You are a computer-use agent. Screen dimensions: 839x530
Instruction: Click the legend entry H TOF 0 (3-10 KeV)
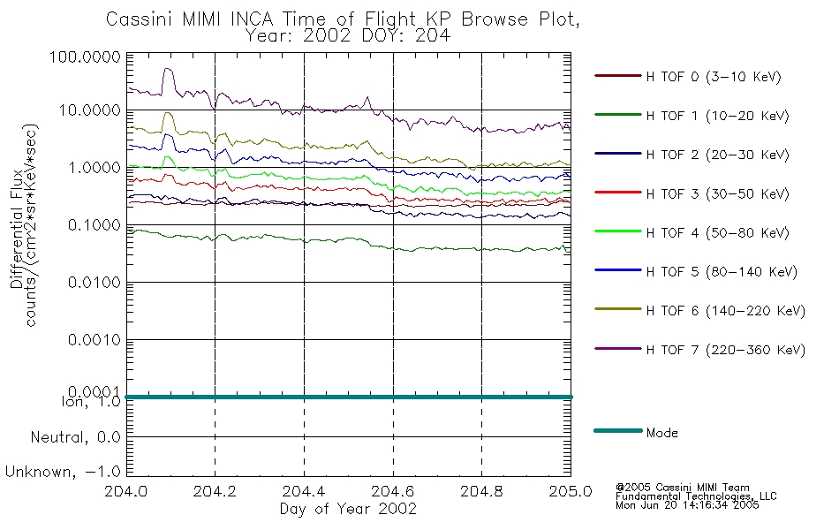688,77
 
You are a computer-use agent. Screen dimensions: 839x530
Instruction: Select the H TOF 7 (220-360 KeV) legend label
699,350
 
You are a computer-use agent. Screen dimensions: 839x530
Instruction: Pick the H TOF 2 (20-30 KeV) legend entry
692,155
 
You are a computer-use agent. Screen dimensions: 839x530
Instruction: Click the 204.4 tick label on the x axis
304,491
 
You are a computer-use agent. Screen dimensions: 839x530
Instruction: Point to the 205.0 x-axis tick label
571,491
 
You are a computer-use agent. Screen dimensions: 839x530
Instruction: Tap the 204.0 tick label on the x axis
126,491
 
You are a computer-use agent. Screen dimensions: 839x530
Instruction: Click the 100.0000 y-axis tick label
85,57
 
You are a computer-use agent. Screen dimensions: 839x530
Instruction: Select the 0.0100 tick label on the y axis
94,282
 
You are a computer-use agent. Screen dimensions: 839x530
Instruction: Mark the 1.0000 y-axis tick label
94,168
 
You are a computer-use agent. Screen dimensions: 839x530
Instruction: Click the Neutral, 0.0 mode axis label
75,437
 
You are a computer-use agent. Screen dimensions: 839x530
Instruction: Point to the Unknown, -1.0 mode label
63,472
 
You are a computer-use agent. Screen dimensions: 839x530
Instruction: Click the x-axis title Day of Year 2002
348,509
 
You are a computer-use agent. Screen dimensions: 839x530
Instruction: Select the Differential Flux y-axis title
17,229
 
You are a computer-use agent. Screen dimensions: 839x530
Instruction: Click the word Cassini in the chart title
139,19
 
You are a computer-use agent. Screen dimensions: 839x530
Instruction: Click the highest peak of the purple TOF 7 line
168,69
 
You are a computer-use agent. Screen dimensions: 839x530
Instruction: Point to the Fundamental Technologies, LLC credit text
696,496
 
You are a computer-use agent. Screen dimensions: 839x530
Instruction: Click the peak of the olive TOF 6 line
168,112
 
